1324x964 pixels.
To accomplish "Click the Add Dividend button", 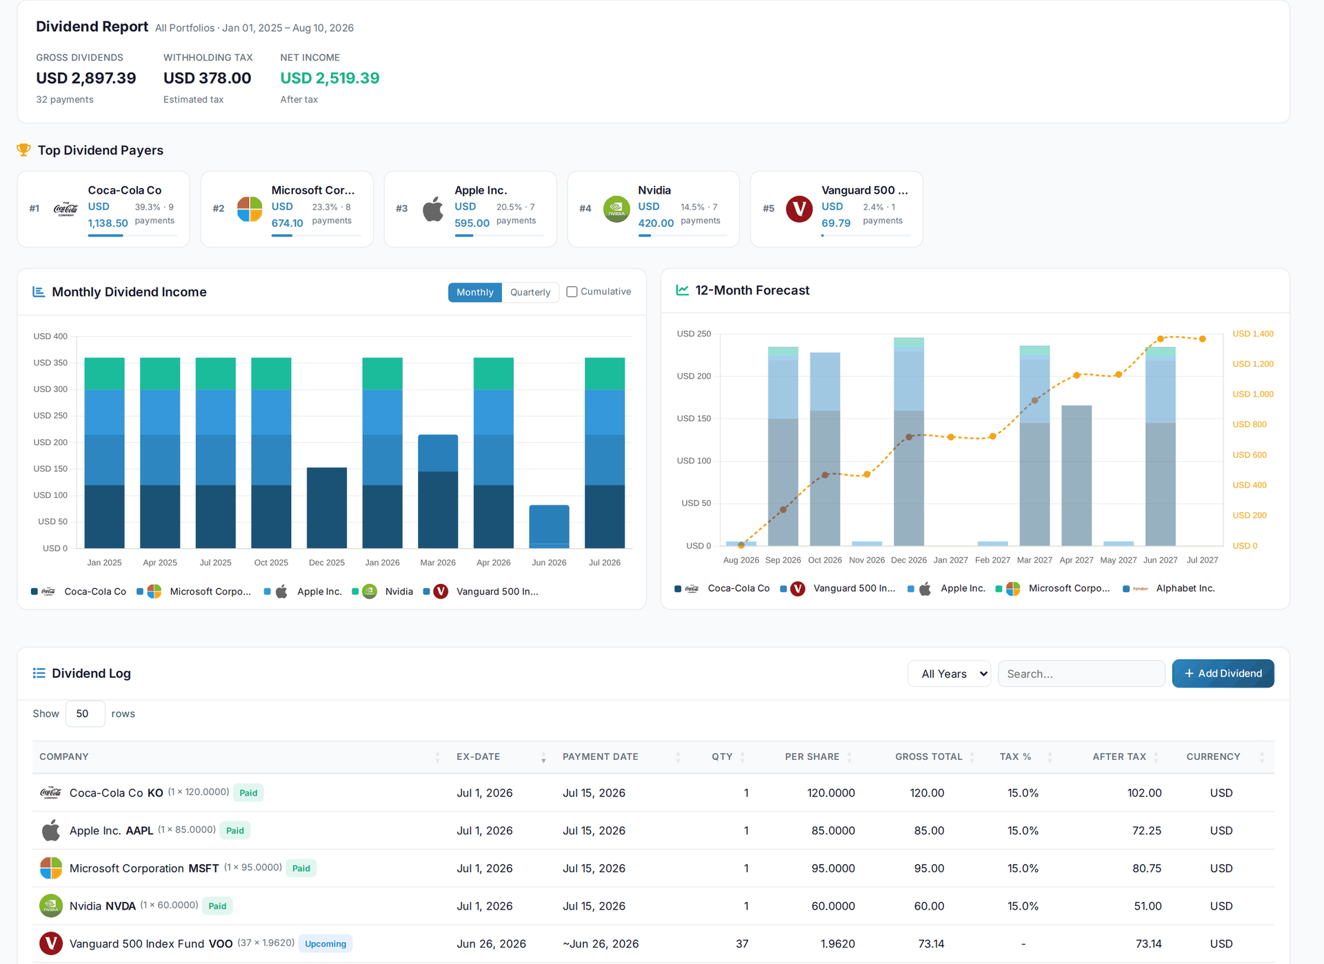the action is point(1223,673).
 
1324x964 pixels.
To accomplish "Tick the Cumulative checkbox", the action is point(572,292).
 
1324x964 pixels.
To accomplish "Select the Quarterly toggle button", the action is point(530,292).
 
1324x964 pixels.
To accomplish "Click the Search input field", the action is point(1081,674).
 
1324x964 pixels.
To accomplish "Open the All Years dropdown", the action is point(949,674).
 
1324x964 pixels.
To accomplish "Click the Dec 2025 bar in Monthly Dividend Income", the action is point(327,508).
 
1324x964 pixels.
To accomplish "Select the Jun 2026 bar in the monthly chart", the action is point(549,526).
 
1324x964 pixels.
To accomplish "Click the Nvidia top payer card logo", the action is point(616,209).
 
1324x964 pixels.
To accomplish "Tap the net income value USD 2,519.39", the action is point(330,78).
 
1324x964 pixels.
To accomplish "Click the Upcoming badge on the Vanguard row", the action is point(325,943).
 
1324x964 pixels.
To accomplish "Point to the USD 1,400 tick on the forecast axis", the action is point(1253,334).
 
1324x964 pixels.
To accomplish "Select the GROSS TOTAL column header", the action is point(928,756).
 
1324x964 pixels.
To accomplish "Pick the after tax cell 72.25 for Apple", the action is point(1147,830).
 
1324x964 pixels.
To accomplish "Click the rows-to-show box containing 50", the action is point(85,714).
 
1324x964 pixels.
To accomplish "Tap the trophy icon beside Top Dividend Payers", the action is point(23,150).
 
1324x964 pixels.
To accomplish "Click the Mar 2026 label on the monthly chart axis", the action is point(438,563).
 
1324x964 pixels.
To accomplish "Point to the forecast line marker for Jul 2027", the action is point(1203,339).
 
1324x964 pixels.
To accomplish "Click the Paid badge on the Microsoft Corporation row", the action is point(301,868).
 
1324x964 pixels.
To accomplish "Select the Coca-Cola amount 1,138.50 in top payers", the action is point(108,223).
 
